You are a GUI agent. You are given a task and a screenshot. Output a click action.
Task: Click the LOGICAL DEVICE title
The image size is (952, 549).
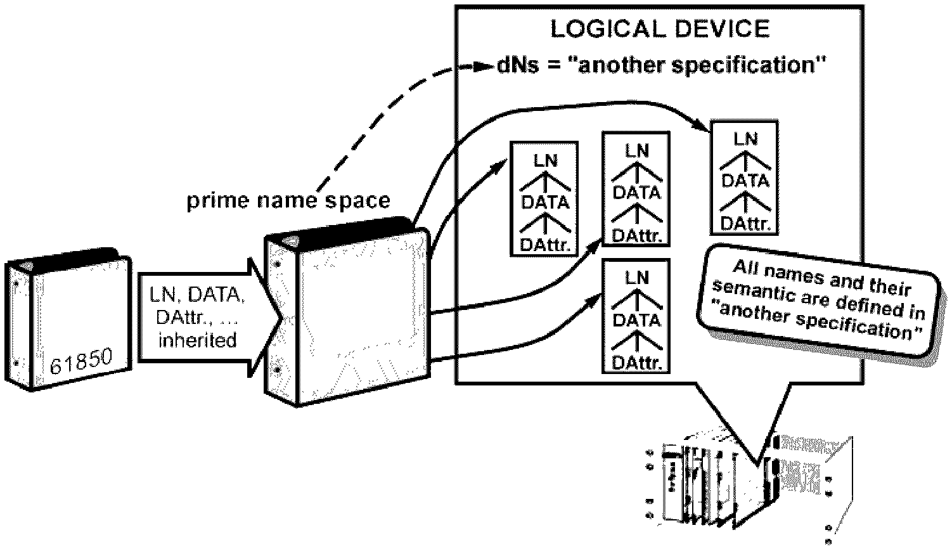pos(660,29)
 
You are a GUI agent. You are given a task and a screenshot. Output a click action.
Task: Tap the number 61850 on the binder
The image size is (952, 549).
pos(81,361)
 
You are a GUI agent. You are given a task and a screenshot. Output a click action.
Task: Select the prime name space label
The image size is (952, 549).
pos(288,200)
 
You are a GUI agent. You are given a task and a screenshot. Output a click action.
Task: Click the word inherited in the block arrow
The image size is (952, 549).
pos(197,340)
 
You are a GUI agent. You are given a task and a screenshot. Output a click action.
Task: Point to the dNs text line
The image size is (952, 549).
pos(661,65)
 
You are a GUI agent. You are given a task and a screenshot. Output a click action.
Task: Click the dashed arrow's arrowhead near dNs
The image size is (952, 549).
pos(484,67)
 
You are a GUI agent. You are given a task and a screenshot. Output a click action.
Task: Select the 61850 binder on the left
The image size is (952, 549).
pos(68,319)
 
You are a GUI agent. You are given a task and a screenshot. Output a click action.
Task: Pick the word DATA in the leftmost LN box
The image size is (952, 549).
pos(545,202)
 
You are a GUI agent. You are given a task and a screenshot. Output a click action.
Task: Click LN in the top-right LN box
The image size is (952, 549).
pos(745,139)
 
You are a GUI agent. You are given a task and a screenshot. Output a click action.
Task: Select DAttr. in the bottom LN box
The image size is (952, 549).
pos(636,363)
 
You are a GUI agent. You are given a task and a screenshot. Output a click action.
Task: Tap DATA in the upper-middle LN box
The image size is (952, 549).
pos(636,193)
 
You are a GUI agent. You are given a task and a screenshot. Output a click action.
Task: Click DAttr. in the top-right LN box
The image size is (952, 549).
pos(745,224)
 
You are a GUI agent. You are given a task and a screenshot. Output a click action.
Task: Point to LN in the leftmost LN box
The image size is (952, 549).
pos(545,160)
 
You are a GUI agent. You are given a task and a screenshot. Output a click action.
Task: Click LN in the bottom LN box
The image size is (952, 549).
pos(636,278)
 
